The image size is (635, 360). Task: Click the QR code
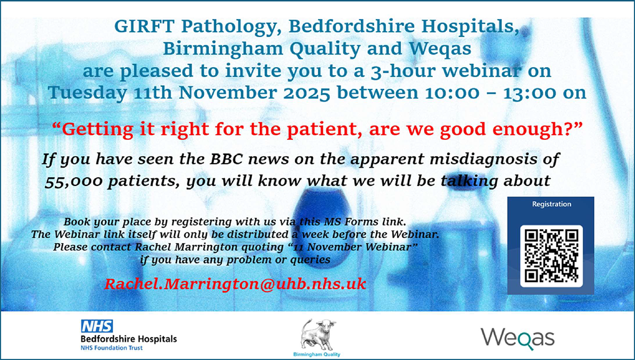551,256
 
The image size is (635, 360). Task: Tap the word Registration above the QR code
551,204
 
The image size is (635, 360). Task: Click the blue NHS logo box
97,326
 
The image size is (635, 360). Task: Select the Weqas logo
518,338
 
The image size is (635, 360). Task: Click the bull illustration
318,335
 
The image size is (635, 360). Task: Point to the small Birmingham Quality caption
316,354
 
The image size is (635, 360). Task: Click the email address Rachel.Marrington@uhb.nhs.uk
235,284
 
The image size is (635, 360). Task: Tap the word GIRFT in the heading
144,26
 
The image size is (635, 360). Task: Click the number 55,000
74,182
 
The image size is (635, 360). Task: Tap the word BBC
226,159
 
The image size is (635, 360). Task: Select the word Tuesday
87,94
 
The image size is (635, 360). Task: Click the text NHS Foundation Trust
112,348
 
